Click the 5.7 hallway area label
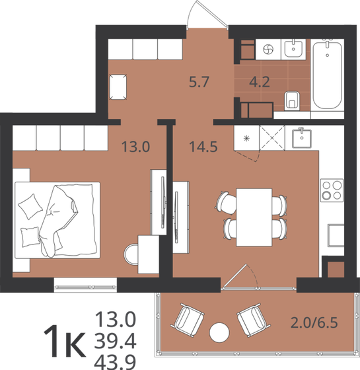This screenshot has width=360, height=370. click(x=199, y=83)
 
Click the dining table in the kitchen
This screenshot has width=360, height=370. click(x=254, y=215)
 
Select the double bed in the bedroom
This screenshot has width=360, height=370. click(x=58, y=218)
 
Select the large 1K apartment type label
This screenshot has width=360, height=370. click(x=63, y=341)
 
